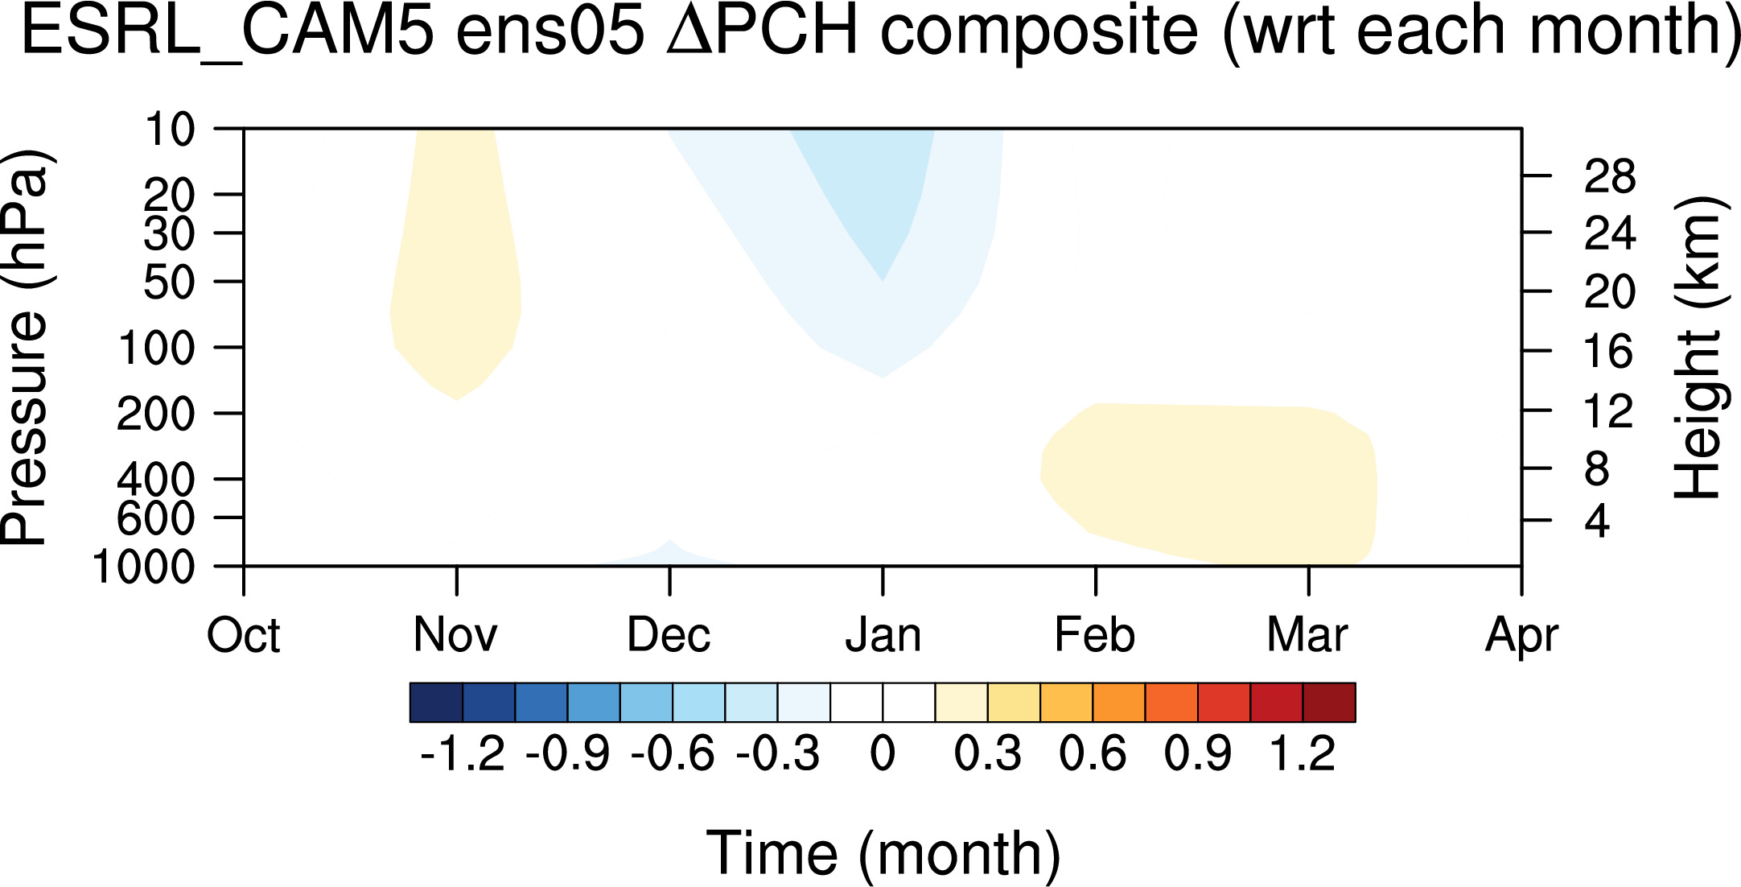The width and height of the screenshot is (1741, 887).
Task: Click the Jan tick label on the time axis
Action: [x=883, y=635]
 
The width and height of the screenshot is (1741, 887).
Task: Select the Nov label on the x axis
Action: [x=455, y=635]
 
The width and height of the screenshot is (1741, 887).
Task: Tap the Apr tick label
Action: [x=1521, y=636]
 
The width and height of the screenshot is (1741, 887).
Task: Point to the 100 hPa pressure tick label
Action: [x=156, y=349]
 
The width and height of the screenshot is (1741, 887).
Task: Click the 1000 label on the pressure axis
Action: [x=144, y=567]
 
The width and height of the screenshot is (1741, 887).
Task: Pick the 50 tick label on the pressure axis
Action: [x=169, y=283]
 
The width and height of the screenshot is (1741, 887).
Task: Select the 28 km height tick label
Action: [x=1610, y=176]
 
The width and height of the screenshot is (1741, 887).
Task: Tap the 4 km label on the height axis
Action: [x=1597, y=522]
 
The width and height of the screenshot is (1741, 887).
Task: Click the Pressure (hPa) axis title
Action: [x=26, y=347]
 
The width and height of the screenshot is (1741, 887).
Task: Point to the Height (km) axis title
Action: [x=1698, y=347]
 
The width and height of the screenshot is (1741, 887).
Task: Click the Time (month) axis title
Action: [x=883, y=853]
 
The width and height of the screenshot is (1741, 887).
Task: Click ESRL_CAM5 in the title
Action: [x=228, y=32]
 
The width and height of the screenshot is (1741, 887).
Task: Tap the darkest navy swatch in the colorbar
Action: [x=436, y=703]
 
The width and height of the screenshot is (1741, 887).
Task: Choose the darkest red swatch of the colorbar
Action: [x=1329, y=703]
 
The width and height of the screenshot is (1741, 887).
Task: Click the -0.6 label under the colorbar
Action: [x=673, y=754]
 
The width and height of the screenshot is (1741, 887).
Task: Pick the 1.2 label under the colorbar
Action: [x=1303, y=754]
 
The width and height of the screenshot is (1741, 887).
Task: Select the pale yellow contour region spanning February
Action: [x=1207, y=483]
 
